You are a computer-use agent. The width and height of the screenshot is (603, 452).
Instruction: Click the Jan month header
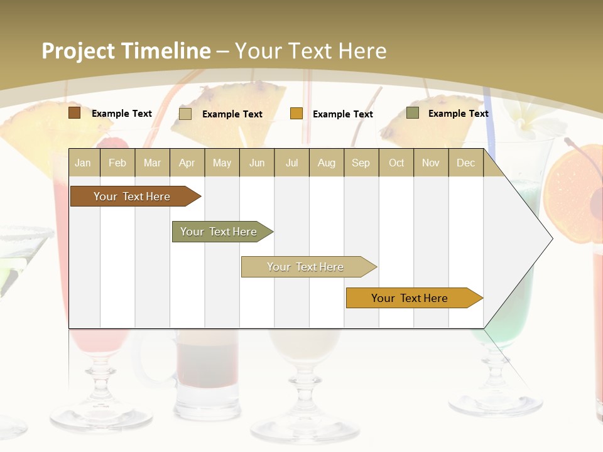coord(83,163)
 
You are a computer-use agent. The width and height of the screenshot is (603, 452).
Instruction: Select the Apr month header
coord(187,163)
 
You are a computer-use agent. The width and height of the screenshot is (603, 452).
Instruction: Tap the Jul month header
coord(291,163)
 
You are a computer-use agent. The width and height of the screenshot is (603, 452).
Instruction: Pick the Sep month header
coord(361,163)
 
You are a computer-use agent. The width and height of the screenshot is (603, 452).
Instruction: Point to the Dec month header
coord(465,163)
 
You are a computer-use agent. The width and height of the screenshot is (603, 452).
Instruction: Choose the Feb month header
coord(117,163)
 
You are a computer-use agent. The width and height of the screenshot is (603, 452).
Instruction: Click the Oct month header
coord(396,163)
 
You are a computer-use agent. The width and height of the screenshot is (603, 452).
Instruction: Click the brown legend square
coord(74,113)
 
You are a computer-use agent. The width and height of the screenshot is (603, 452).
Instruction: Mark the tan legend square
coord(185,114)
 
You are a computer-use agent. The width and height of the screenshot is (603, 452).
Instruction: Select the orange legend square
coord(296,114)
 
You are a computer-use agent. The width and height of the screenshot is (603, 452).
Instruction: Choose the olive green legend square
coord(413,113)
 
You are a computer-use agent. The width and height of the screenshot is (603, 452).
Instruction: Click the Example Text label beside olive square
coord(458,114)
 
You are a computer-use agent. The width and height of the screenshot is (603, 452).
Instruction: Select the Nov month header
coord(431,163)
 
